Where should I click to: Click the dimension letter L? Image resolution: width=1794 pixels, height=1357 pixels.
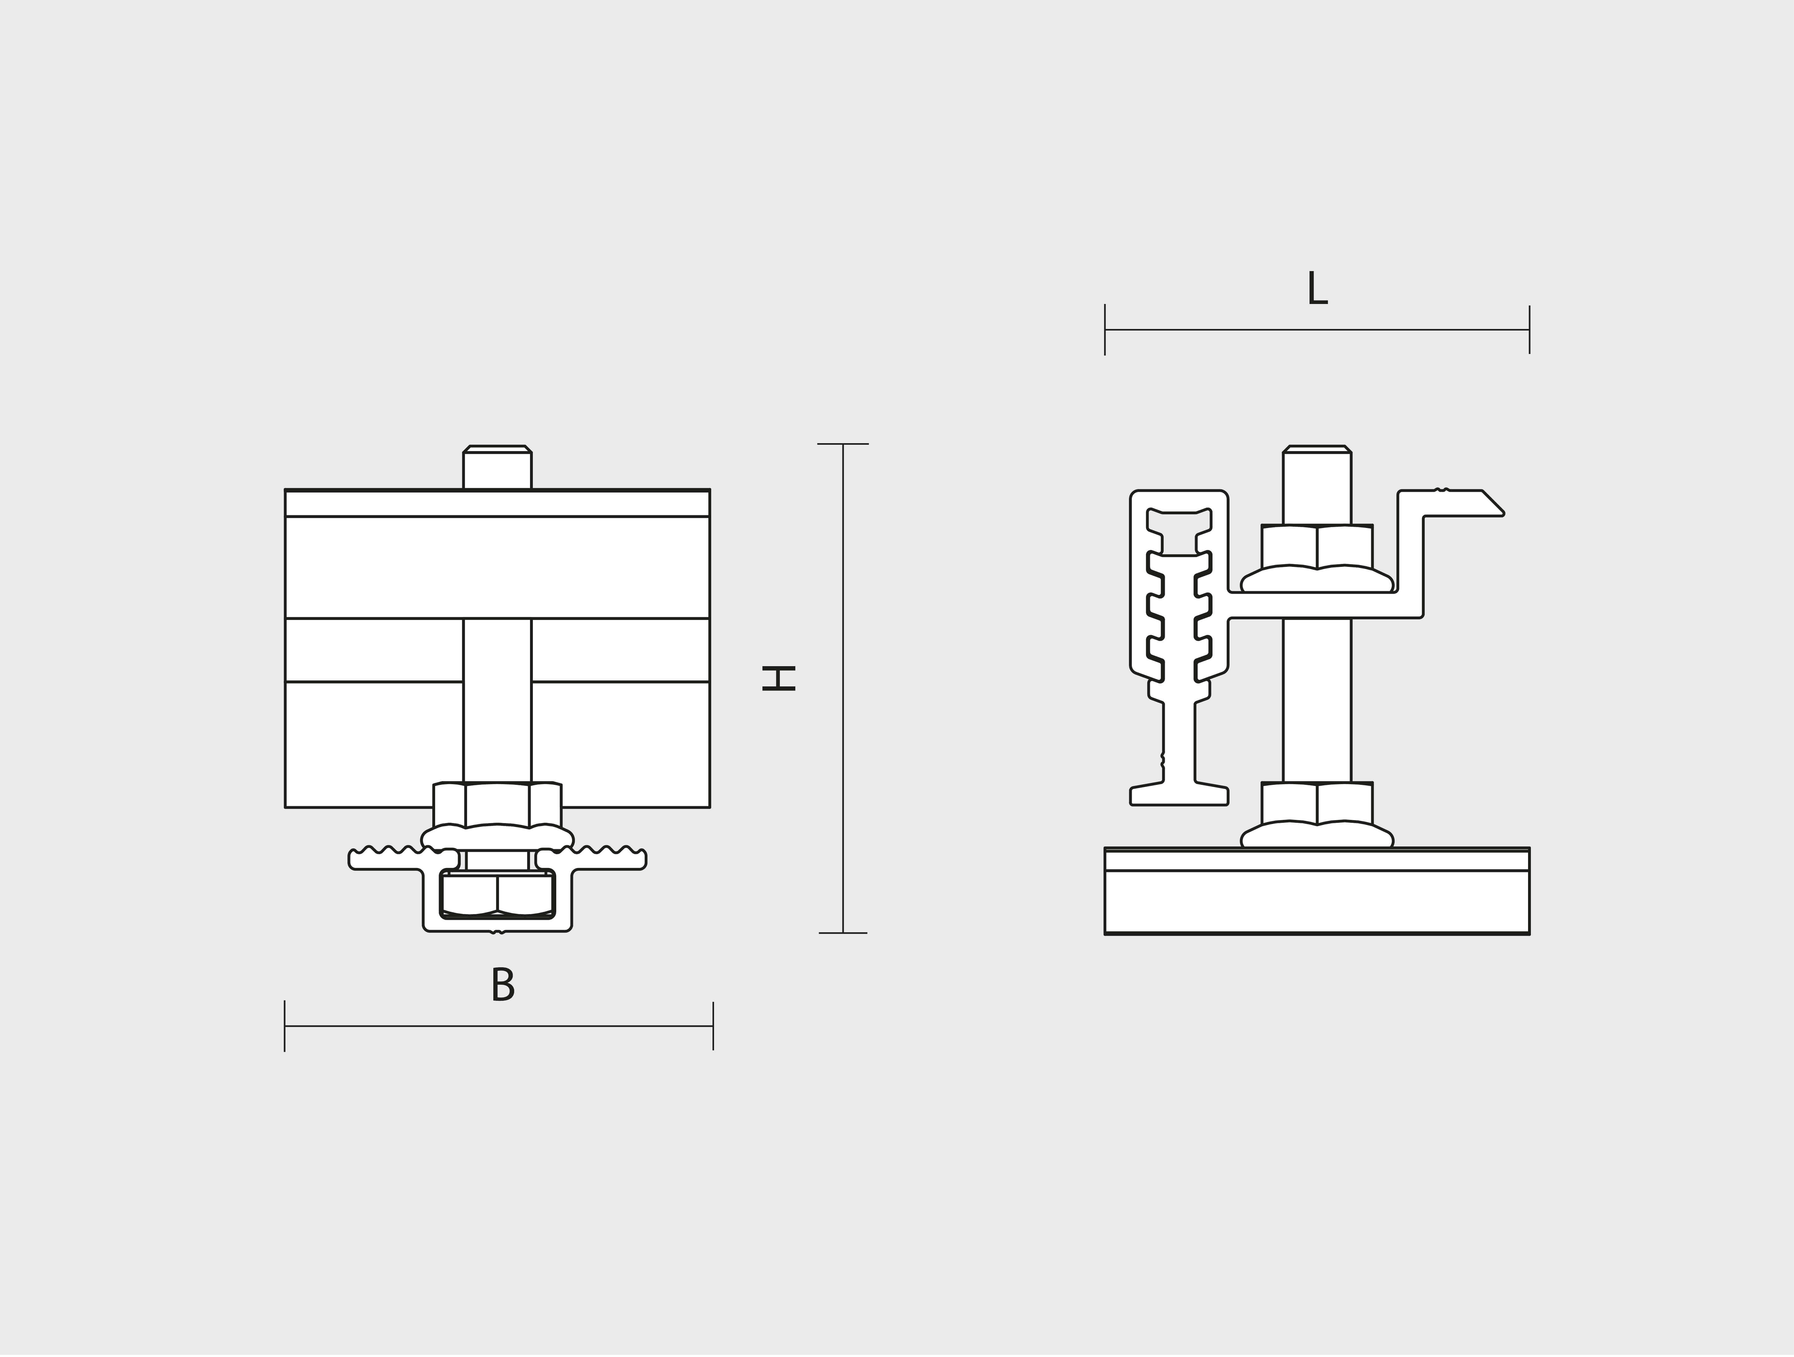pyautogui.click(x=1317, y=289)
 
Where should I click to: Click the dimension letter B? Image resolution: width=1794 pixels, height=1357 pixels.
pyautogui.click(x=503, y=985)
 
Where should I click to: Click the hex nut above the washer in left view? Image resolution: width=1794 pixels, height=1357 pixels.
pyautogui.click(x=497, y=804)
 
